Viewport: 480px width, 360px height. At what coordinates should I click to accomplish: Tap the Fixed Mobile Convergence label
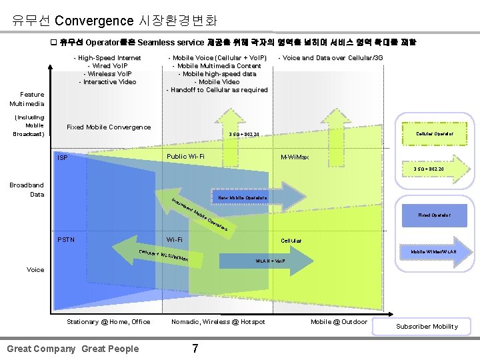109,127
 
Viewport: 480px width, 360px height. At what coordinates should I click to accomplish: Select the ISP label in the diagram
63,158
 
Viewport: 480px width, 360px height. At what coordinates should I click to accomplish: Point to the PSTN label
67,239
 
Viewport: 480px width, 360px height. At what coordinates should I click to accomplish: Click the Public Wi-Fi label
185,157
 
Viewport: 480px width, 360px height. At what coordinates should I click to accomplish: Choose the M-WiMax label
295,158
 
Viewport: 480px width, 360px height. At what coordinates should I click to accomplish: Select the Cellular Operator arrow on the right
435,134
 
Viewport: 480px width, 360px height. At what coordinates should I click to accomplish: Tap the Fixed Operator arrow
433,215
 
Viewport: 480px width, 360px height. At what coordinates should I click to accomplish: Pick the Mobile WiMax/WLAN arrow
433,252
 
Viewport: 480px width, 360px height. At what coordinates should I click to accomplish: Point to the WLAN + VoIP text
270,261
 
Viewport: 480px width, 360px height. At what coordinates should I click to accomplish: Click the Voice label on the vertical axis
35,269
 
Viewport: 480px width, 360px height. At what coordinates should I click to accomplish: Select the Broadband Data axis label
28,189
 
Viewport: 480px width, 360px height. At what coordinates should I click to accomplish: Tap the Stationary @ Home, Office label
109,322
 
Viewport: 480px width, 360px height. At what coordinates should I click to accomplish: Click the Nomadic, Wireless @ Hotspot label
218,322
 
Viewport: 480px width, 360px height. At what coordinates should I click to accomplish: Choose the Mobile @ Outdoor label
339,322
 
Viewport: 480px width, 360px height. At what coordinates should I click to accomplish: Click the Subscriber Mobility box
427,326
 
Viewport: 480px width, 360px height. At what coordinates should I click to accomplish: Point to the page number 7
195,348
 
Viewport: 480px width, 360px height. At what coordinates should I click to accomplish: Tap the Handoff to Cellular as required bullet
217,90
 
